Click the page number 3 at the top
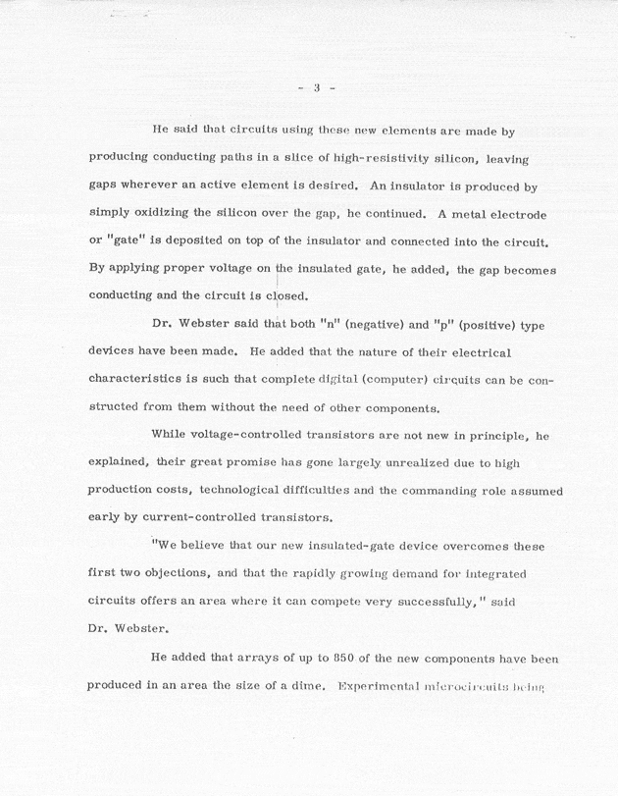point(317,87)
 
